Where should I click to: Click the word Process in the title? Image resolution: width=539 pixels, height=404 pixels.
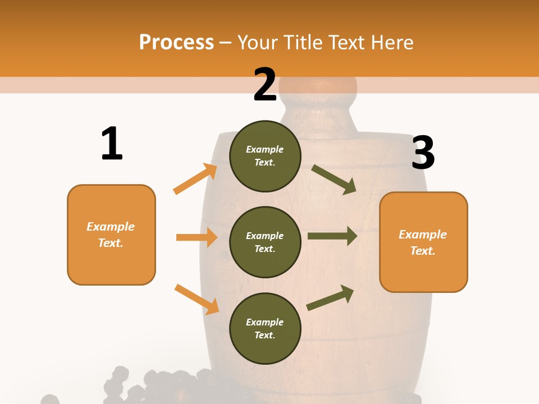coord(176,43)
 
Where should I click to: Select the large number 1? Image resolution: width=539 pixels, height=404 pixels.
coord(112,144)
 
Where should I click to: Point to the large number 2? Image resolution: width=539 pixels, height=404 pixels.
coord(265,85)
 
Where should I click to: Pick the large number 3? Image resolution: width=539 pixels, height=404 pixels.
coord(423,153)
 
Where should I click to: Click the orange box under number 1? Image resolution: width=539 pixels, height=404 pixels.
coord(111,235)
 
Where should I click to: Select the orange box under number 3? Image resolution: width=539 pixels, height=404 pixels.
coord(423,242)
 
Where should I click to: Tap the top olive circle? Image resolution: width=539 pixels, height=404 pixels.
coord(265,156)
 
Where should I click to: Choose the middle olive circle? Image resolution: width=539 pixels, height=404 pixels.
coord(265,242)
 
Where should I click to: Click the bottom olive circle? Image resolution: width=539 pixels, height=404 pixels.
coord(265,328)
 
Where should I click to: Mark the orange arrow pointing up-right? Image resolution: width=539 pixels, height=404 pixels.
coord(195,179)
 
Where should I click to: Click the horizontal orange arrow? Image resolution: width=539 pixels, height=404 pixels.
coord(197,237)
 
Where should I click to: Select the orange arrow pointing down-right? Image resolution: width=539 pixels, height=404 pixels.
coord(197,299)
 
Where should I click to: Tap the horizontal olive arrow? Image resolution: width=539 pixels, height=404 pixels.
coord(332,236)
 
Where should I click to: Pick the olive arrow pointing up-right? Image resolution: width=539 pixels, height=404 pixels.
coord(330,298)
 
